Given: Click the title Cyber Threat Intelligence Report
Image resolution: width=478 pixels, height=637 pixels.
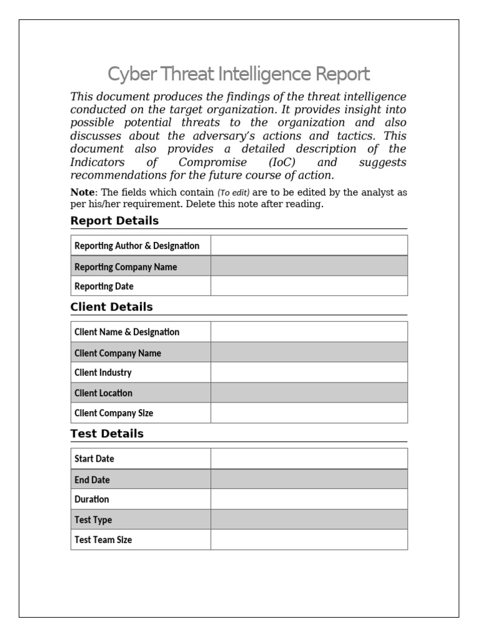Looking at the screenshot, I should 238,75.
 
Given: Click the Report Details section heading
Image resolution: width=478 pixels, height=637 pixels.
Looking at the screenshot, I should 115,221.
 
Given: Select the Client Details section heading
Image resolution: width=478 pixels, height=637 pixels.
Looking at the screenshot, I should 111,307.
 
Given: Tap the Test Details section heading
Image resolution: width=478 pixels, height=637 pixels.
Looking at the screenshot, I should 107,434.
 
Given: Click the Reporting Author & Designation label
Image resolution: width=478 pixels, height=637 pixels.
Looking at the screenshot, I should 137,246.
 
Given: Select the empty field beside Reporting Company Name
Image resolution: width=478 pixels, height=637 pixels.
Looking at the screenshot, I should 309,266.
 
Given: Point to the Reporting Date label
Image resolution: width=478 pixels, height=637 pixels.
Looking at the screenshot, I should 104,286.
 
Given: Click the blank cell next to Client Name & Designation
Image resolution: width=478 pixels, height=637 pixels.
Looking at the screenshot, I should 309,332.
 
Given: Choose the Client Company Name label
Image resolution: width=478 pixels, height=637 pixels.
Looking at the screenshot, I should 118,353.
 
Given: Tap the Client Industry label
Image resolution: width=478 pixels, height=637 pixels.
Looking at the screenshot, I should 103,373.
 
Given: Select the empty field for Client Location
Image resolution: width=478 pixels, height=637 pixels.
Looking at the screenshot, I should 309,393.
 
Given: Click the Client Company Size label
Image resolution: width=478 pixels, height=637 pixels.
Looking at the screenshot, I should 113,413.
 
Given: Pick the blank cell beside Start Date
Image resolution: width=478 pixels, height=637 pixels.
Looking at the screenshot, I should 309,458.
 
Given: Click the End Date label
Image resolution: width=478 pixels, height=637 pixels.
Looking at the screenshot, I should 92,480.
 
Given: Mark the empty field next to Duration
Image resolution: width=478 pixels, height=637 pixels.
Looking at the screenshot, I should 309,499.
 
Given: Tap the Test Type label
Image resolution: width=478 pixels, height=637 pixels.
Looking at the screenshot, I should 93,519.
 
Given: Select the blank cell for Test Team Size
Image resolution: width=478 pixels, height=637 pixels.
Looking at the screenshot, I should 309,540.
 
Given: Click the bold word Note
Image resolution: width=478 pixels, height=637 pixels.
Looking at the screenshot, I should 83,192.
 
